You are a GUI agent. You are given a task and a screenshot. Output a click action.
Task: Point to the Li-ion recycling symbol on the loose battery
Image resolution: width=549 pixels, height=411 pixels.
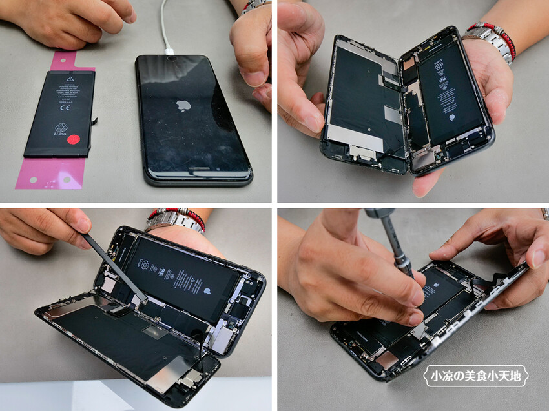61,129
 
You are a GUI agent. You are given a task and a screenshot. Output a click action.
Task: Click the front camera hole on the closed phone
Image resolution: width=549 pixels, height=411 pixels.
172,59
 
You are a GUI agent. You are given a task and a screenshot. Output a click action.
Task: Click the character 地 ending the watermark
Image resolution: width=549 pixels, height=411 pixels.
517,376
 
